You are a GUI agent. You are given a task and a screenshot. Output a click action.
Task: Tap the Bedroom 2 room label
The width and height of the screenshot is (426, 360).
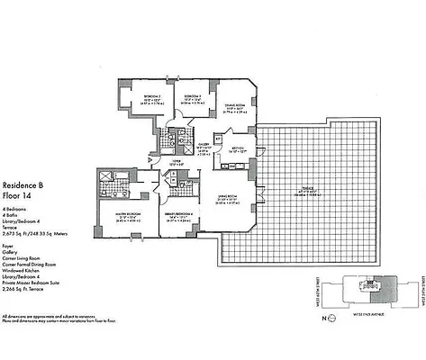tap(151, 95)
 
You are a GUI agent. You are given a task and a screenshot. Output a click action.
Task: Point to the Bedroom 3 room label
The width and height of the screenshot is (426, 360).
tap(193, 95)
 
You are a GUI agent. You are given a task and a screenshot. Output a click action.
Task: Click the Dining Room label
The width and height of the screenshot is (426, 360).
tap(237, 105)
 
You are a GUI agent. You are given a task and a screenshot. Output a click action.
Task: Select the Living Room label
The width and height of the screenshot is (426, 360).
tap(225, 196)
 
